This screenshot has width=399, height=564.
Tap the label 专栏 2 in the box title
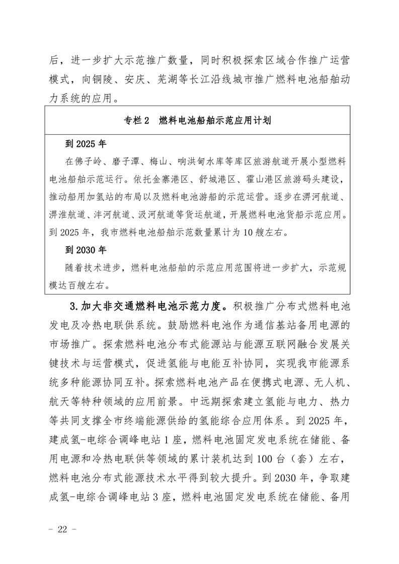137,121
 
